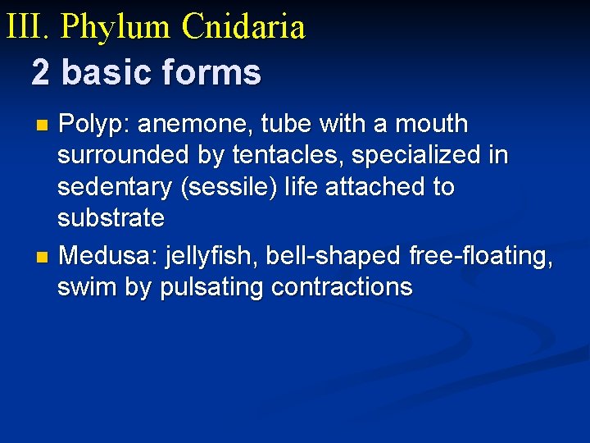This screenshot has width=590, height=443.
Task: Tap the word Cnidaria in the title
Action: (x=243, y=26)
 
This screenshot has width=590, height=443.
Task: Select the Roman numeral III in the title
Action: (x=27, y=26)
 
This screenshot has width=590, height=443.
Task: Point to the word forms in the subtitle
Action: (x=213, y=72)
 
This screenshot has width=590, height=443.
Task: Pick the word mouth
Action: (x=431, y=125)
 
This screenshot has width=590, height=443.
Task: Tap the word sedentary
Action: (x=112, y=187)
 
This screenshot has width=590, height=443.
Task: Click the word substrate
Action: (x=111, y=218)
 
